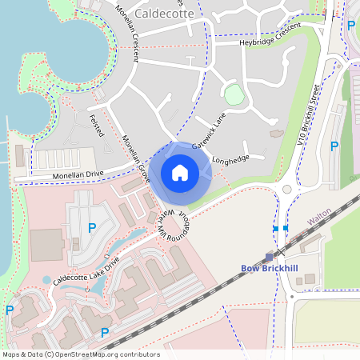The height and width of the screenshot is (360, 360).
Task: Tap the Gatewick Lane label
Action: pyautogui.click(x=209, y=127)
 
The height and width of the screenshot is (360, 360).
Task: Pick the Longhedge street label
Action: pyautogui.click(x=232, y=158)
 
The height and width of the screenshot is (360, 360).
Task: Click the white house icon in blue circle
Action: pyautogui.click(x=180, y=172)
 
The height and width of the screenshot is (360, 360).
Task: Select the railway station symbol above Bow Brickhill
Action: pyautogui.click(x=269, y=257)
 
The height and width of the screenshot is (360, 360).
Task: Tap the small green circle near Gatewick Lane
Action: pyautogui.click(x=234, y=95)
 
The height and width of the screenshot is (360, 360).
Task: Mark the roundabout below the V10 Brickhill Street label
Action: pyautogui.click(x=286, y=190)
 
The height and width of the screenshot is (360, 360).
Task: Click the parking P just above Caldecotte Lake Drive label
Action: pyautogui.click(x=92, y=228)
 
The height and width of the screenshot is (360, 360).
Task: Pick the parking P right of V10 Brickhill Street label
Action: pyautogui.click(x=334, y=146)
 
